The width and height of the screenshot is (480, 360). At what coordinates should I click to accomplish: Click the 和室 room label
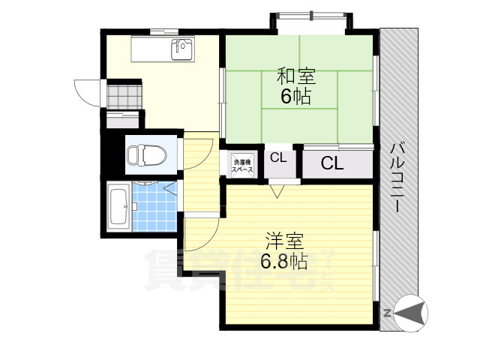coord(296,76)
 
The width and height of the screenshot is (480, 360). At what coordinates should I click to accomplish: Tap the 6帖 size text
coord(296,96)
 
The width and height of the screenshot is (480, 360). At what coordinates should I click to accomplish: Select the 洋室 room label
coord(284,241)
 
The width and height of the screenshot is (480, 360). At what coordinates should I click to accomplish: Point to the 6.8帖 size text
coord(284,261)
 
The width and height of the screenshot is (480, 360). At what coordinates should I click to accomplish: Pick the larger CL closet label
coord(333,163)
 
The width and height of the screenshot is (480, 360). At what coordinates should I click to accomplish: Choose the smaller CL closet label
coord(277,158)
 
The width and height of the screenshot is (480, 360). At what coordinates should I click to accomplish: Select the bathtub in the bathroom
coord(118,208)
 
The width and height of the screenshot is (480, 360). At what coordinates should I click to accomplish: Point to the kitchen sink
coord(182,49)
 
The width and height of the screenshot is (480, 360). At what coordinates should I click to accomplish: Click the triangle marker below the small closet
coord(277,193)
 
